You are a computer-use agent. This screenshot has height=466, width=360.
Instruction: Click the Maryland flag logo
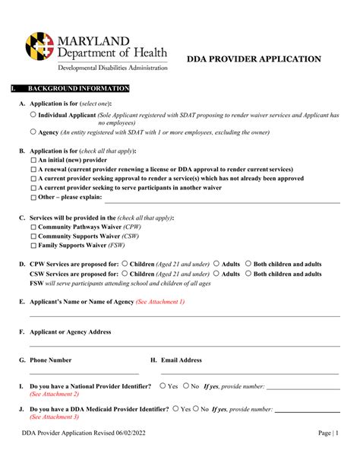40,46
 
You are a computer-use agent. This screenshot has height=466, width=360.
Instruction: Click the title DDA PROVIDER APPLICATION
254,59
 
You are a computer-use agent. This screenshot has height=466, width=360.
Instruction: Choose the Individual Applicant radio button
33,115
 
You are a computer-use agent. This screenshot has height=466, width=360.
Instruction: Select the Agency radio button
33,132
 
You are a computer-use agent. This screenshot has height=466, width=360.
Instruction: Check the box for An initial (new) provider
33,160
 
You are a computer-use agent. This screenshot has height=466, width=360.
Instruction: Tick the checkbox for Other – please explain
33,197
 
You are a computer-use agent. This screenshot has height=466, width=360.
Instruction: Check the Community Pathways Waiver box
33,227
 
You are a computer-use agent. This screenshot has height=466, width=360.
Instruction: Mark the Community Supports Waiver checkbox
33,236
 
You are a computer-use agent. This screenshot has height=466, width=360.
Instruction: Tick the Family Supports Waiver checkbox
33,246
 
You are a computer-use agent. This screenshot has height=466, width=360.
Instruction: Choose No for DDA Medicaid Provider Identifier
196,408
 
